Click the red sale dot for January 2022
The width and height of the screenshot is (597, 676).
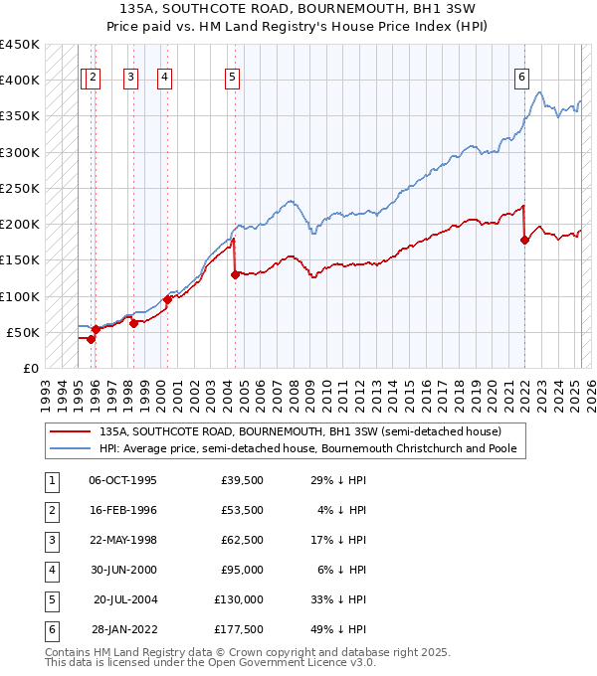(524, 240)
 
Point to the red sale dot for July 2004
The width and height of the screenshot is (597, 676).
(235, 274)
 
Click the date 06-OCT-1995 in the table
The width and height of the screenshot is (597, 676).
(122, 480)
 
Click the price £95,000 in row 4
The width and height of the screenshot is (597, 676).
(244, 570)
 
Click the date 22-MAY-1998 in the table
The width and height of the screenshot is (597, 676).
(122, 540)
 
